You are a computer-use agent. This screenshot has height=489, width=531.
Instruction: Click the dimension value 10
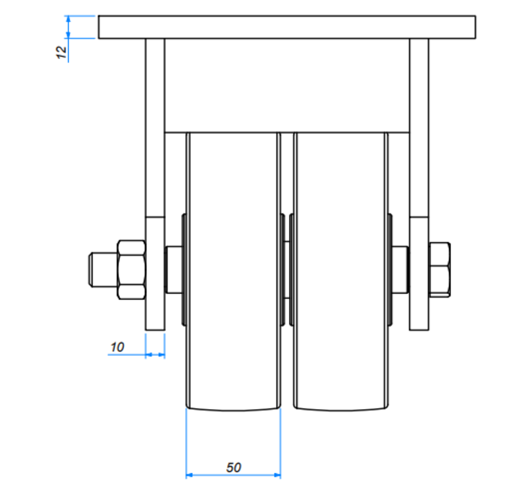click(118, 346)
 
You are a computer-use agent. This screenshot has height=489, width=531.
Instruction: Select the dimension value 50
click(234, 467)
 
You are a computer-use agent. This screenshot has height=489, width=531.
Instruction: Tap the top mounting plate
click(286, 27)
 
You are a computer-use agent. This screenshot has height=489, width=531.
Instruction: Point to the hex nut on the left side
click(132, 270)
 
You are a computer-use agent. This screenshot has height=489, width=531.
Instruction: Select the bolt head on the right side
click(439, 270)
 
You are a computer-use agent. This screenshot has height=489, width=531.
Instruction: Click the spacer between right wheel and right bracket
click(400, 270)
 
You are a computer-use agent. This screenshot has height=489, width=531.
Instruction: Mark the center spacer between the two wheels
click(286, 270)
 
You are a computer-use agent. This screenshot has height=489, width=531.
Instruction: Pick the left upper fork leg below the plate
click(155, 125)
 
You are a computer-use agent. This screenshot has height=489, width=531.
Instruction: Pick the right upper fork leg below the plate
click(419, 125)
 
